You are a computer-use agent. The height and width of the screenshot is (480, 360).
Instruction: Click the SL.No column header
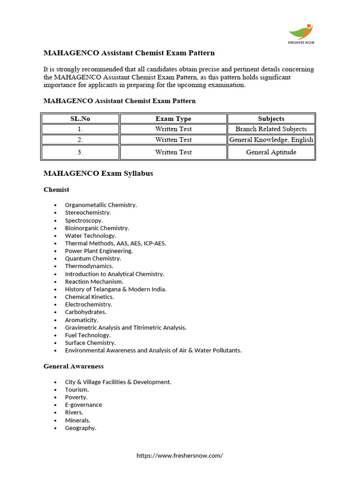[x=80, y=119]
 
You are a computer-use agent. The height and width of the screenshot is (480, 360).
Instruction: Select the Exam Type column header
[x=173, y=119]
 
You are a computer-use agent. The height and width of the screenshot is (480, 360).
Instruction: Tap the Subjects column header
[x=271, y=119]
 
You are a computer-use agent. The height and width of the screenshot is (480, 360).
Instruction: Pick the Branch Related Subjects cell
[x=271, y=129]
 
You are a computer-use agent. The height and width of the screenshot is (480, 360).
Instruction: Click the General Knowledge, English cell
[x=271, y=140]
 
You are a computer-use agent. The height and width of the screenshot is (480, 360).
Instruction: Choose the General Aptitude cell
[x=271, y=152]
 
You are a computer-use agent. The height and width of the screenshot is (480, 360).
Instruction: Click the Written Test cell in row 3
[x=173, y=152]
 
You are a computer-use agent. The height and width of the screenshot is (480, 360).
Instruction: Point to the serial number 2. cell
[x=80, y=140]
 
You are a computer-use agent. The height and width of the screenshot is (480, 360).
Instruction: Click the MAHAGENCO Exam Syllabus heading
[x=98, y=173]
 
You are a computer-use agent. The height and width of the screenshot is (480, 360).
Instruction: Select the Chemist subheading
[x=56, y=189]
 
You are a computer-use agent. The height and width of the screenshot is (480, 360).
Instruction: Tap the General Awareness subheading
[x=74, y=366]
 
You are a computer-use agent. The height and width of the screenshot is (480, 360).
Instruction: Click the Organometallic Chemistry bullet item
[x=101, y=205]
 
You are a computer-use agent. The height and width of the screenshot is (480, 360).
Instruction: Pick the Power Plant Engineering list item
[x=99, y=251]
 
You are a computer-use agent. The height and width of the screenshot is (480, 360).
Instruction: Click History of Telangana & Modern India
[x=116, y=289]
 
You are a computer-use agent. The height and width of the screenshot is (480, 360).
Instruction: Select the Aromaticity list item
[x=82, y=320]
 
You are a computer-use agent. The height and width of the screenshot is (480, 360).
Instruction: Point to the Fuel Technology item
[x=88, y=335]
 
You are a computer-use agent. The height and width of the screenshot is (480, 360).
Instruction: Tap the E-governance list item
[x=83, y=405]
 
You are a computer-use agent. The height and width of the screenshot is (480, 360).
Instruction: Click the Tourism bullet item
[x=77, y=390]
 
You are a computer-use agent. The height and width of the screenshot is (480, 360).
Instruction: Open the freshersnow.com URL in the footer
[x=180, y=455]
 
